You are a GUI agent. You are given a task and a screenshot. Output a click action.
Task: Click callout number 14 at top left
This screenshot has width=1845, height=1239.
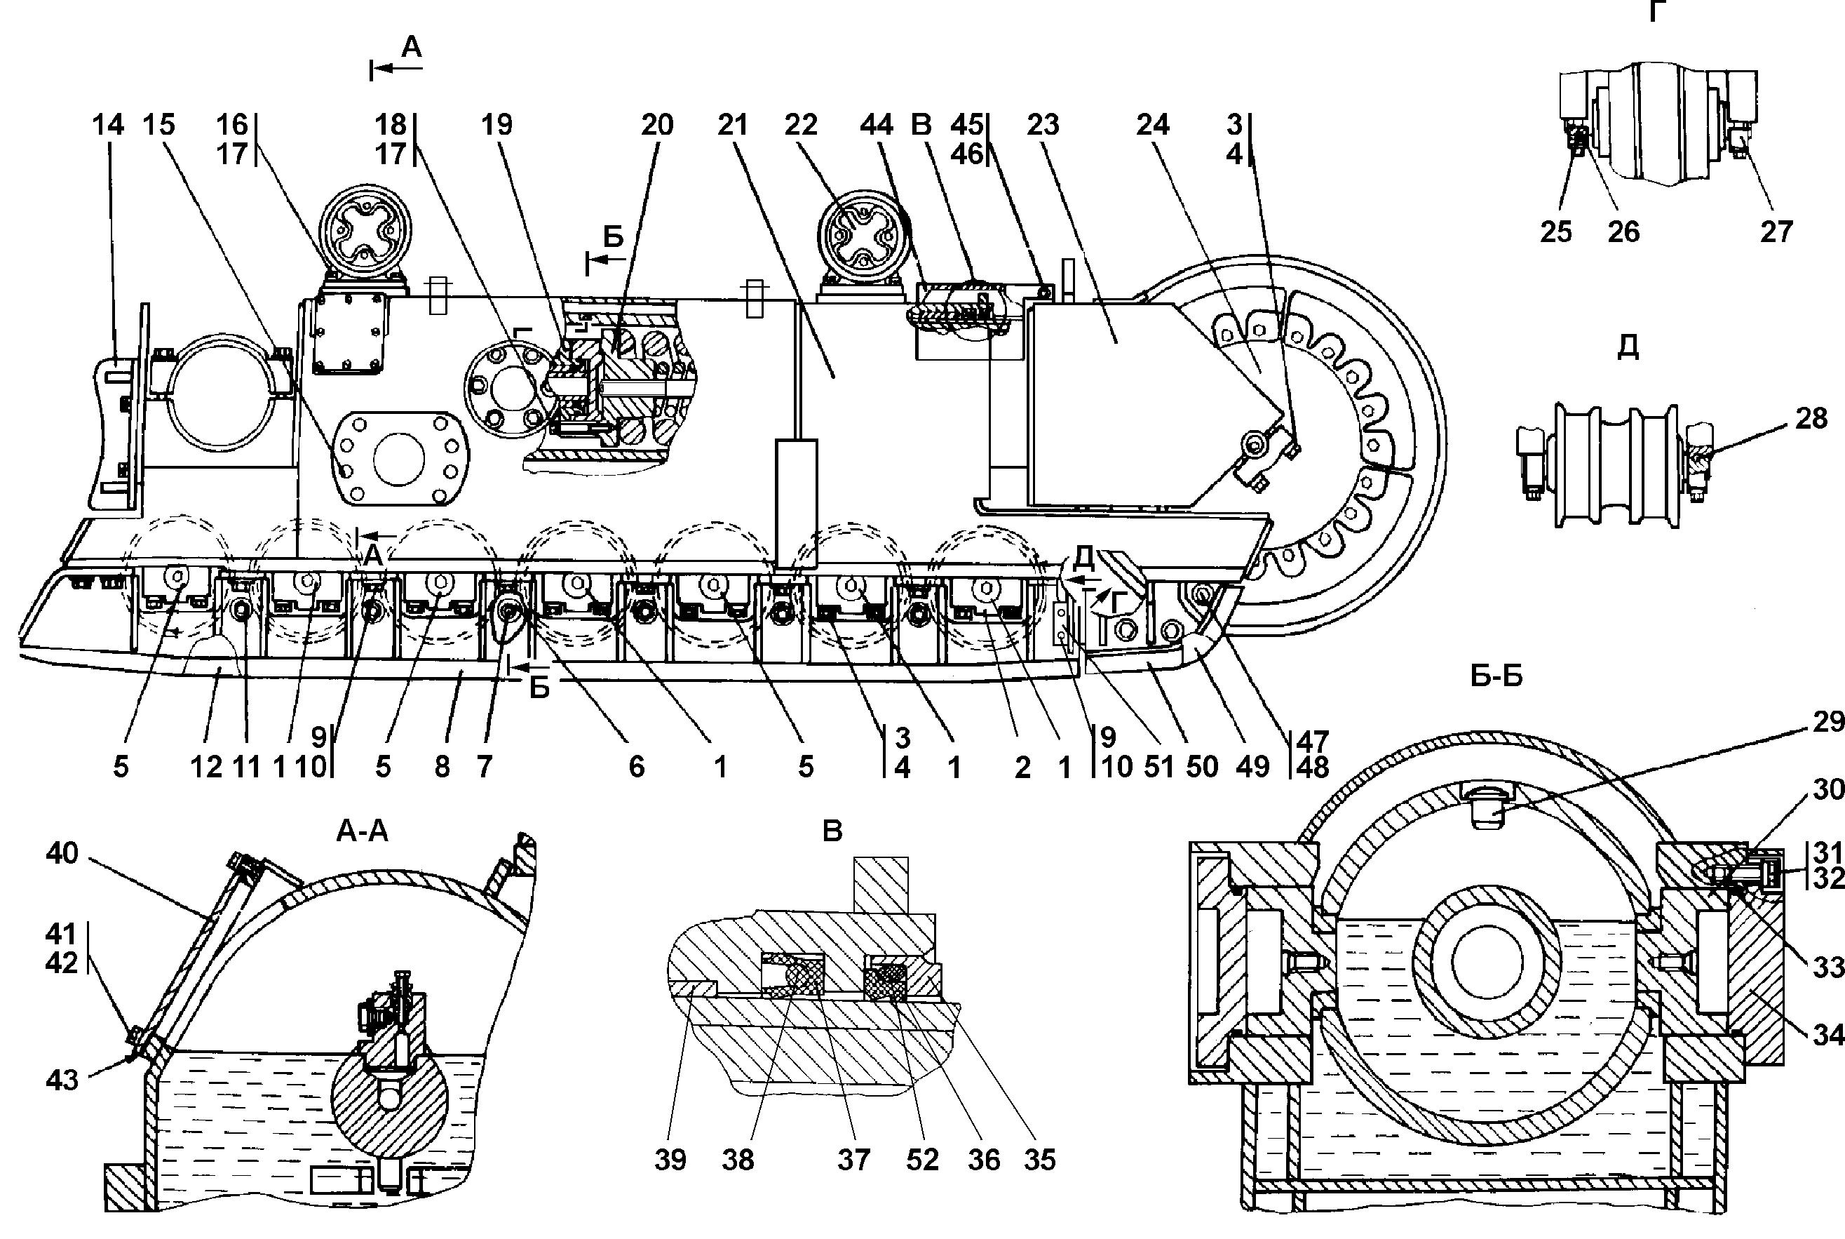pyautogui.click(x=108, y=125)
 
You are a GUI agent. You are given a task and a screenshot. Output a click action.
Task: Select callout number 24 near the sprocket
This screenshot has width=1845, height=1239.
pyautogui.click(x=1152, y=125)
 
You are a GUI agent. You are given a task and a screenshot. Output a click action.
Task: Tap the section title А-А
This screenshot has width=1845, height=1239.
pyautogui.click(x=363, y=831)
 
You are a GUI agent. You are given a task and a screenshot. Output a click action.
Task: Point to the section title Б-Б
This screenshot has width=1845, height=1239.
pyautogui.click(x=1496, y=676)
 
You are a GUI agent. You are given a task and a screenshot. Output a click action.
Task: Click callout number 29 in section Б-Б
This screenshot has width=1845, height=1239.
pyautogui.click(x=1827, y=721)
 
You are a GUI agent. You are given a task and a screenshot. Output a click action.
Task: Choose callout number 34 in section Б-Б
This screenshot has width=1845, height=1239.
pyautogui.click(x=1827, y=1034)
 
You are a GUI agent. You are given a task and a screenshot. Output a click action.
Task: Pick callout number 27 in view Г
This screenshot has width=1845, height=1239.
pyautogui.click(x=1776, y=232)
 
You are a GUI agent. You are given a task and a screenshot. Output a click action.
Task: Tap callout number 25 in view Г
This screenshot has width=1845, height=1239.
pyautogui.click(x=1556, y=232)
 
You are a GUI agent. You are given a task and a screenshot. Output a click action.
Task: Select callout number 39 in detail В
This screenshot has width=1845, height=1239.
pyautogui.click(x=670, y=1160)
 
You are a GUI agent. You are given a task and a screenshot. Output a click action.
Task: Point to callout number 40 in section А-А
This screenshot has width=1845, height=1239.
pyautogui.click(x=62, y=853)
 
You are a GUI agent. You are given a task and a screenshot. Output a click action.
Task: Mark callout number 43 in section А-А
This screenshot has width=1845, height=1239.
pyautogui.click(x=62, y=1079)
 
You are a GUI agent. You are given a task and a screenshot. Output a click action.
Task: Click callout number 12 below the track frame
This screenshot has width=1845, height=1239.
pyautogui.click(x=206, y=766)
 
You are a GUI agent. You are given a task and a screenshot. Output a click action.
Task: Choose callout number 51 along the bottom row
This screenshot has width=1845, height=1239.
pyautogui.click(x=1159, y=766)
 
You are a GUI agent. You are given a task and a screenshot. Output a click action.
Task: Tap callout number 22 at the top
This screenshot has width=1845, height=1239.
pyautogui.click(x=800, y=125)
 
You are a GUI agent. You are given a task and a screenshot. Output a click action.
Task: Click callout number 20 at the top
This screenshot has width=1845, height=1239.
pyautogui.click(x=657, y=125)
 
